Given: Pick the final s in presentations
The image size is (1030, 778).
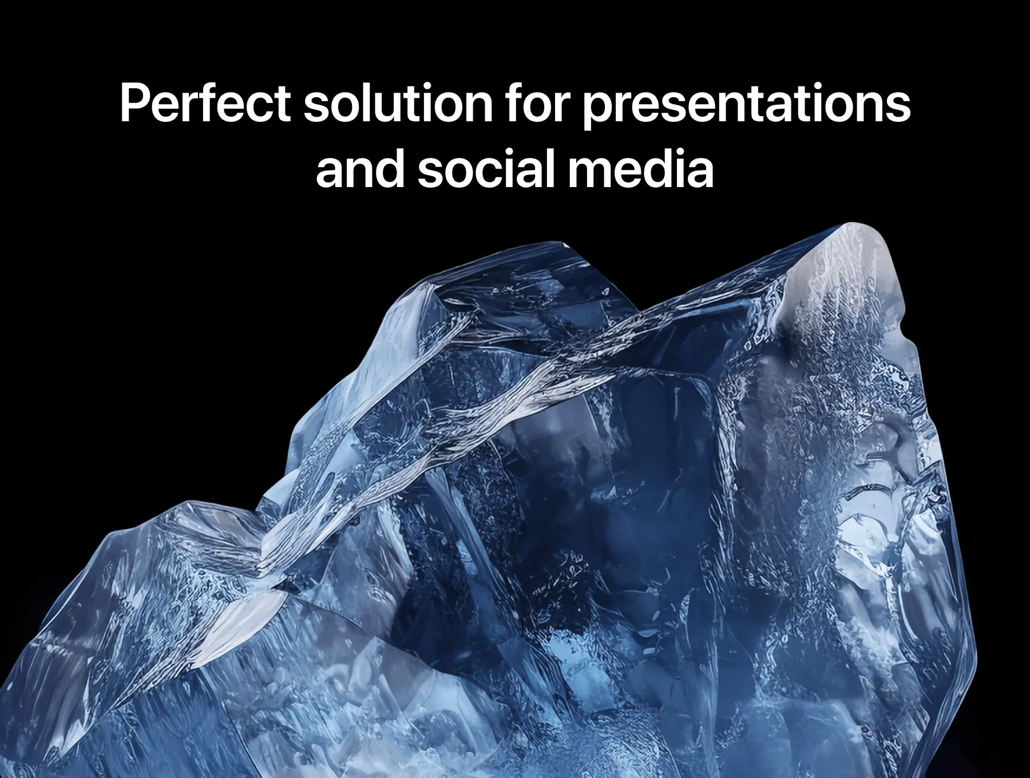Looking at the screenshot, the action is (898, 108).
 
